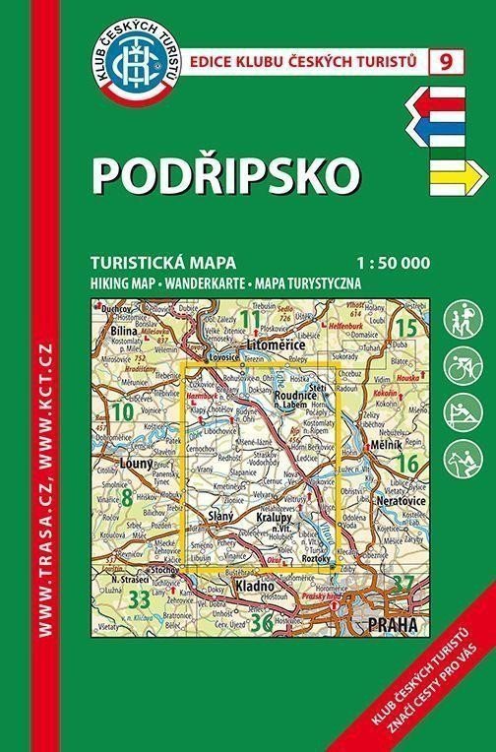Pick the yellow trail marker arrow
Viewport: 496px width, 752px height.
point(453,174)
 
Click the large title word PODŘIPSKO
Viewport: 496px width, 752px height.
point(225,174)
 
